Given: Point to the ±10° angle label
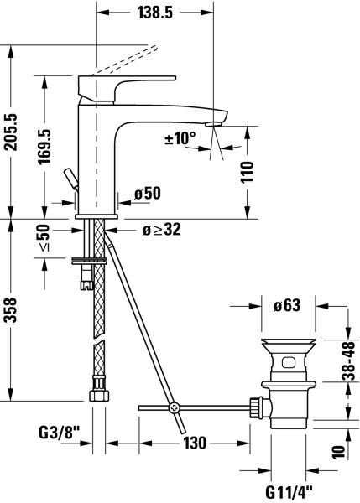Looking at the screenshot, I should pyautogui.click(x=180, y=137).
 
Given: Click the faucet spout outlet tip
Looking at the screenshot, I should pyautogui.click(x=217, y=122).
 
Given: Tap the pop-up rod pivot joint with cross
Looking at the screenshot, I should pyautogui.click(x=175, y=408).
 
